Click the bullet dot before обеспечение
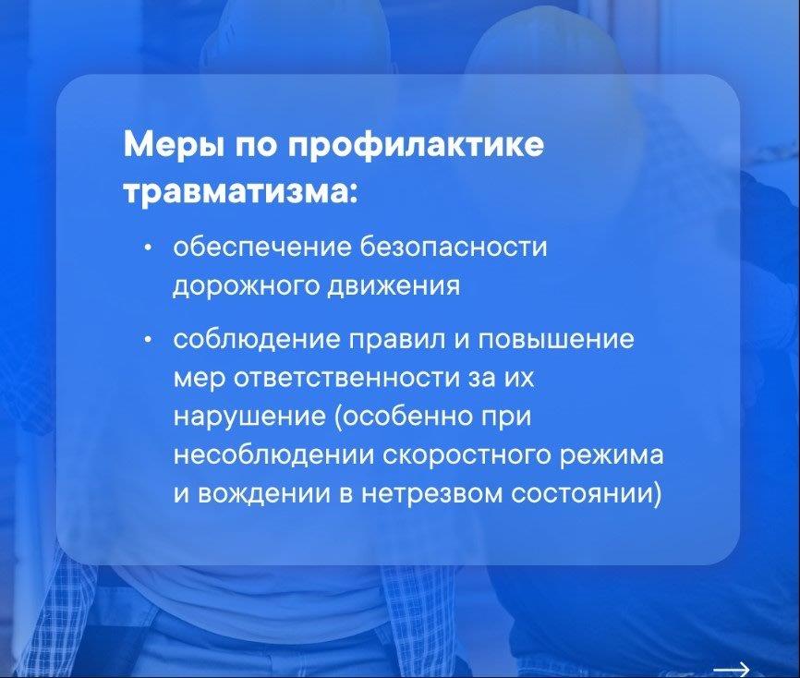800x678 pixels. tap(148, 248)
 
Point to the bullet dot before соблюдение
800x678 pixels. tap(148, 339)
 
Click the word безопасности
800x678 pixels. tap(454, 247)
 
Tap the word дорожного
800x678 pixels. tap(244, 286)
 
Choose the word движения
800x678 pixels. tap(394, 286)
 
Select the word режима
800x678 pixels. tap(612, 456)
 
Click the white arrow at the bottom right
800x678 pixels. tap(731, 669)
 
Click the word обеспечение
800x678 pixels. tap(262, 247)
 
